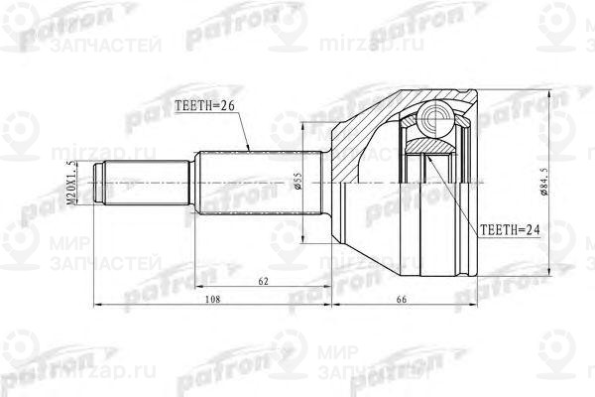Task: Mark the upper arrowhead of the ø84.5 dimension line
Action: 551,90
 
